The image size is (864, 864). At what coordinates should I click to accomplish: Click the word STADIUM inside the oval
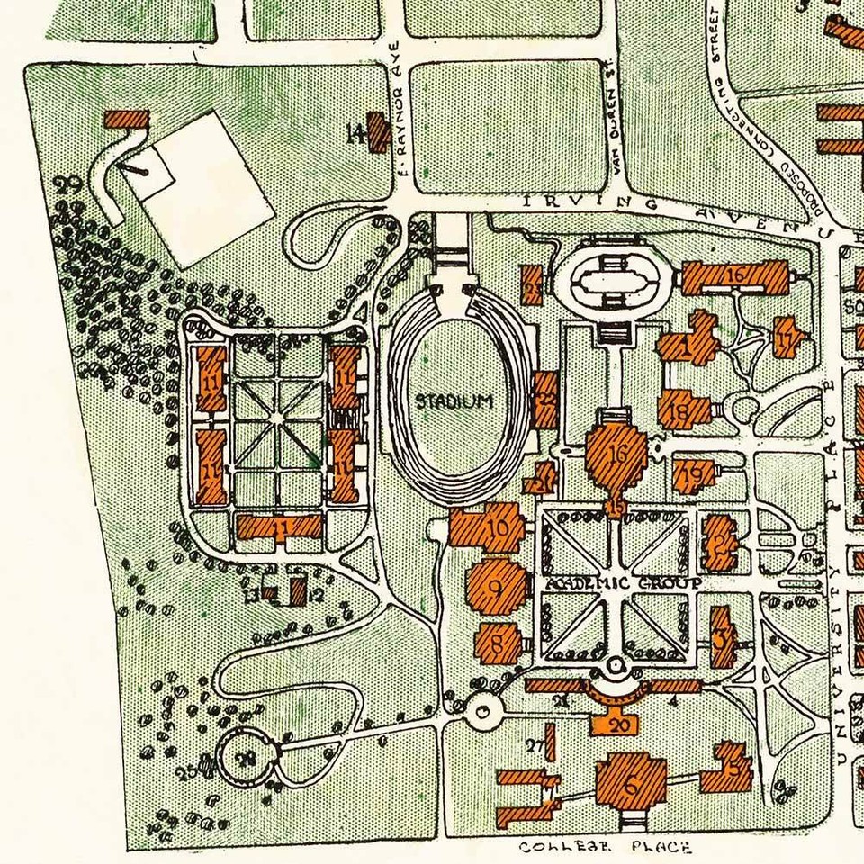pyautogui.click(x=454, y=401)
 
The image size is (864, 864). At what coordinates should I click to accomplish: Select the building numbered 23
pyautogui.click(x=533, y=286)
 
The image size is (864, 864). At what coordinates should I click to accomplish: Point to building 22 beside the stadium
pyautogui.click(x=545, y=400)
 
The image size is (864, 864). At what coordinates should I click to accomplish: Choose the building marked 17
pyautogui.click(x=788, y=338)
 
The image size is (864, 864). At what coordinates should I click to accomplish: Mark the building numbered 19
pyautogui.click(x=694, y=473)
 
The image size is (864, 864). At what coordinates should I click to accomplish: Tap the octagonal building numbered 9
pyautogui.click(x=496, y=588)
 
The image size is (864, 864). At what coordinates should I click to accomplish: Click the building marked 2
pyautogui.click(x=721, y=542)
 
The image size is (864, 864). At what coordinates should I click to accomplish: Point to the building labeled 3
pyautogui.click(x=722, y=637)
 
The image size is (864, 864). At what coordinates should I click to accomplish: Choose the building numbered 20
pyautogui.click(x=616, y=722)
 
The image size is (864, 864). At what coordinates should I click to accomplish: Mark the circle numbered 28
pyautogui.click(x=245, y=758)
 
